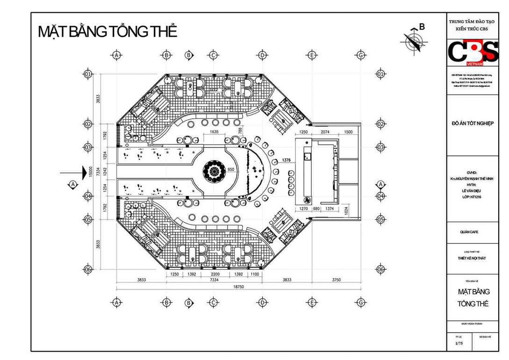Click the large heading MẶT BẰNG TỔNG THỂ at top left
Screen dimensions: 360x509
click(108, 32)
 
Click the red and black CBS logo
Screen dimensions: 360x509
click(473, 51)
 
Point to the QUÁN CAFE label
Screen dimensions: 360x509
click(469, 232)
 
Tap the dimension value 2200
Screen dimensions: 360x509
click(215, 274)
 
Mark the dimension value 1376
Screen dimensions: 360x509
click(286, 160)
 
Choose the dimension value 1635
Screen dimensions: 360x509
click(214, 132)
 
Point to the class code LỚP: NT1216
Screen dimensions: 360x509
click(472, 197)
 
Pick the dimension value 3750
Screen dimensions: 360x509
click(336, 280)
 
